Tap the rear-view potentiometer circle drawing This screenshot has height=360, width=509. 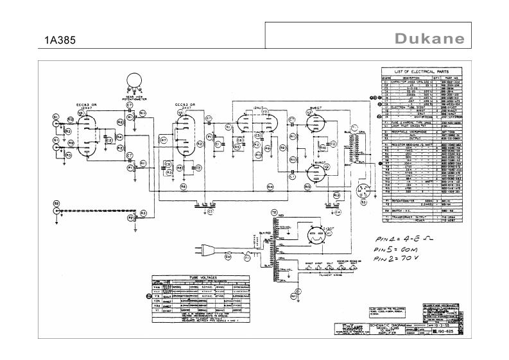135,80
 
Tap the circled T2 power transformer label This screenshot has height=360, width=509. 273,212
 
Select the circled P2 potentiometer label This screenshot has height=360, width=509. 130,218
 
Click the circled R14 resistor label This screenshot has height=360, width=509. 270,187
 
